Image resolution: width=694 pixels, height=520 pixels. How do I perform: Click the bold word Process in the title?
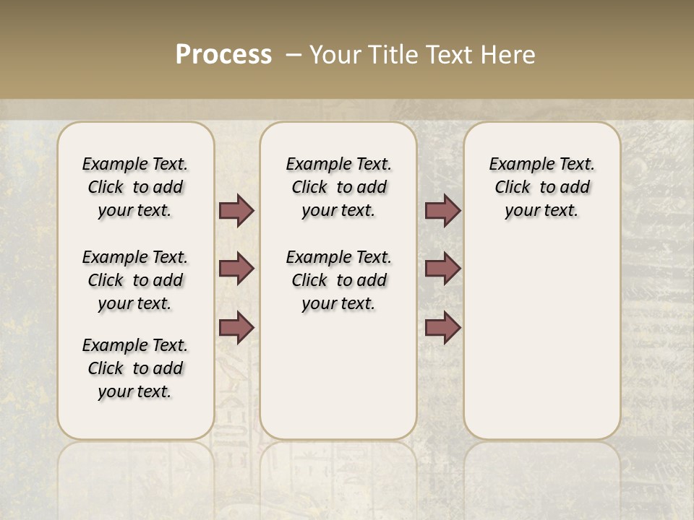(223, 54)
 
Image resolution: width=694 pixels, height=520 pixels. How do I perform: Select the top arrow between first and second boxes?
(236, 210)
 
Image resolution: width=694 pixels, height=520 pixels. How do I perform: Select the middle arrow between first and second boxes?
(236, 269)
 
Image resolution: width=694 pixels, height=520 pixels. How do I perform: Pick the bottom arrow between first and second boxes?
(236, 327)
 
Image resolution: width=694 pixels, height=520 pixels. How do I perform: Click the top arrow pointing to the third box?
(442, 210)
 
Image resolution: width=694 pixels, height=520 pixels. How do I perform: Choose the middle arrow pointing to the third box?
(442, 269)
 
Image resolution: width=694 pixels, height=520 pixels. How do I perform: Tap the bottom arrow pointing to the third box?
(442, 327)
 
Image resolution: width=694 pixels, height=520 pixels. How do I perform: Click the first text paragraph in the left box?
(135, 187)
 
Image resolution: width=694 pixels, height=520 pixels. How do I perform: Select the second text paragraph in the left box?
(135, 280)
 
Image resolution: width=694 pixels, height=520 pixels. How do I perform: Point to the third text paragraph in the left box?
(135, 368)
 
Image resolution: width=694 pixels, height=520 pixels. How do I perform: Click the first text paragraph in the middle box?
(338, 187)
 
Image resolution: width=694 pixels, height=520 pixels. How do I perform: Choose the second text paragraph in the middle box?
(338, 280)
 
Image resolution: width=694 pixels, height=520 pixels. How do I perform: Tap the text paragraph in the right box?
(541, 187)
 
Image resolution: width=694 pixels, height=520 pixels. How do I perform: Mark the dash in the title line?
(294, 54)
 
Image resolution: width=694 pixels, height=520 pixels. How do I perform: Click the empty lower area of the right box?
(541, 339)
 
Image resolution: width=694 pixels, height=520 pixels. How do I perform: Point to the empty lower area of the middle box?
(338, 376)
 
